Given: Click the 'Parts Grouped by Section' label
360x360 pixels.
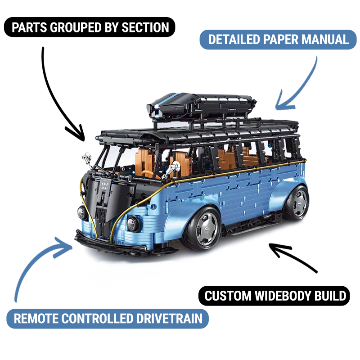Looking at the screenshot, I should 90,27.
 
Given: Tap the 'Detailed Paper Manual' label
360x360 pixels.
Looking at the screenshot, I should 279,40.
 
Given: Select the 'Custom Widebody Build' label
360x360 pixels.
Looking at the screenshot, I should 274,296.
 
